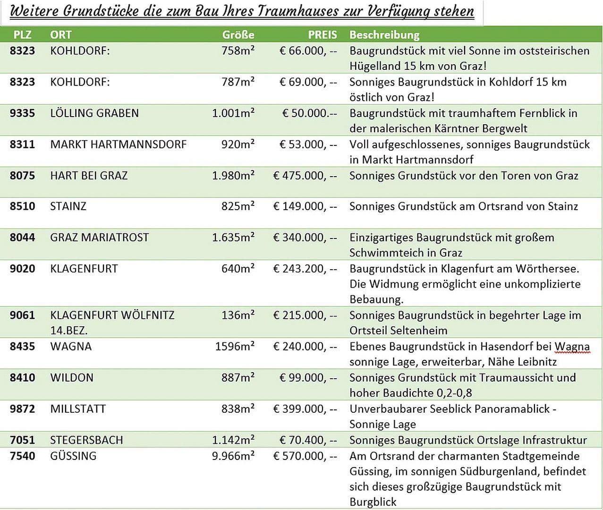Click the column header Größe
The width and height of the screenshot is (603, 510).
pos(238,34)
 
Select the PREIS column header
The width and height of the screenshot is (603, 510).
pos(323,34)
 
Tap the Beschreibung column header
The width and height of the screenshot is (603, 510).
pos(384,34)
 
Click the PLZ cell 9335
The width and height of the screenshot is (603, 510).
pos(22,113)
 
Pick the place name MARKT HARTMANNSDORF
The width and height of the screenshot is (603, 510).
pos(119,144)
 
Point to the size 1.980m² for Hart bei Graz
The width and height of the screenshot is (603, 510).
pos(233,176)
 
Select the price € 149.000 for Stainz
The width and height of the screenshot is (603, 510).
pos(305,206)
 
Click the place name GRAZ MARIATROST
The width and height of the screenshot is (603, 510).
pos(99,238)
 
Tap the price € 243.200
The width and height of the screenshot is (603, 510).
pos(305,269)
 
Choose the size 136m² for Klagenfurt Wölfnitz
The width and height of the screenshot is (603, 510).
pos(238,315)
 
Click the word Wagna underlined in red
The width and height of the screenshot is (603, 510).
pos(572,347)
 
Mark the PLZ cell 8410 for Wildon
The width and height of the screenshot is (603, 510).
pos(22,378)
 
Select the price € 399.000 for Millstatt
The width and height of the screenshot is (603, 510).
pos(305,409)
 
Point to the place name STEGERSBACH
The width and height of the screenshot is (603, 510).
pos(86,440)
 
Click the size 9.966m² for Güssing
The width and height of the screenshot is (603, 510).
pos(233,456)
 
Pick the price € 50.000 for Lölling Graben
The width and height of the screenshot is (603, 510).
pos(309,113)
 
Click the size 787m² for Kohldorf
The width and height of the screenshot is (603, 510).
pos(238,82)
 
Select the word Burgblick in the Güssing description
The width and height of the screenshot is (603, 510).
pos(373,501)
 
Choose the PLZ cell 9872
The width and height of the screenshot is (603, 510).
pos(22,409)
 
